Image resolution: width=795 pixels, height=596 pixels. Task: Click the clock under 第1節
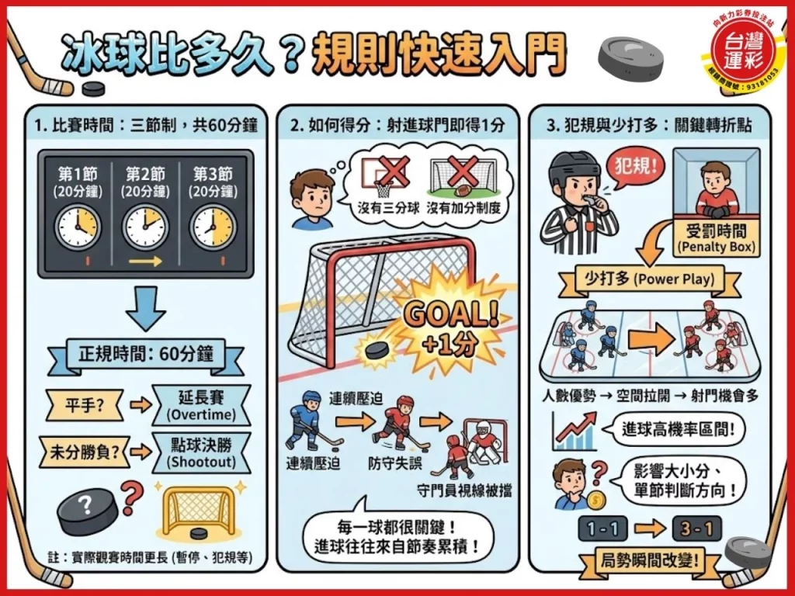pos(76,227)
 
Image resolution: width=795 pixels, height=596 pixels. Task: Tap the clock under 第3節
pos(214,227)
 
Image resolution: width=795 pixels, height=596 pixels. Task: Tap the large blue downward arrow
pos(145,308)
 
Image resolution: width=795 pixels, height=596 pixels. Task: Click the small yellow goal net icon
pos(198,513)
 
